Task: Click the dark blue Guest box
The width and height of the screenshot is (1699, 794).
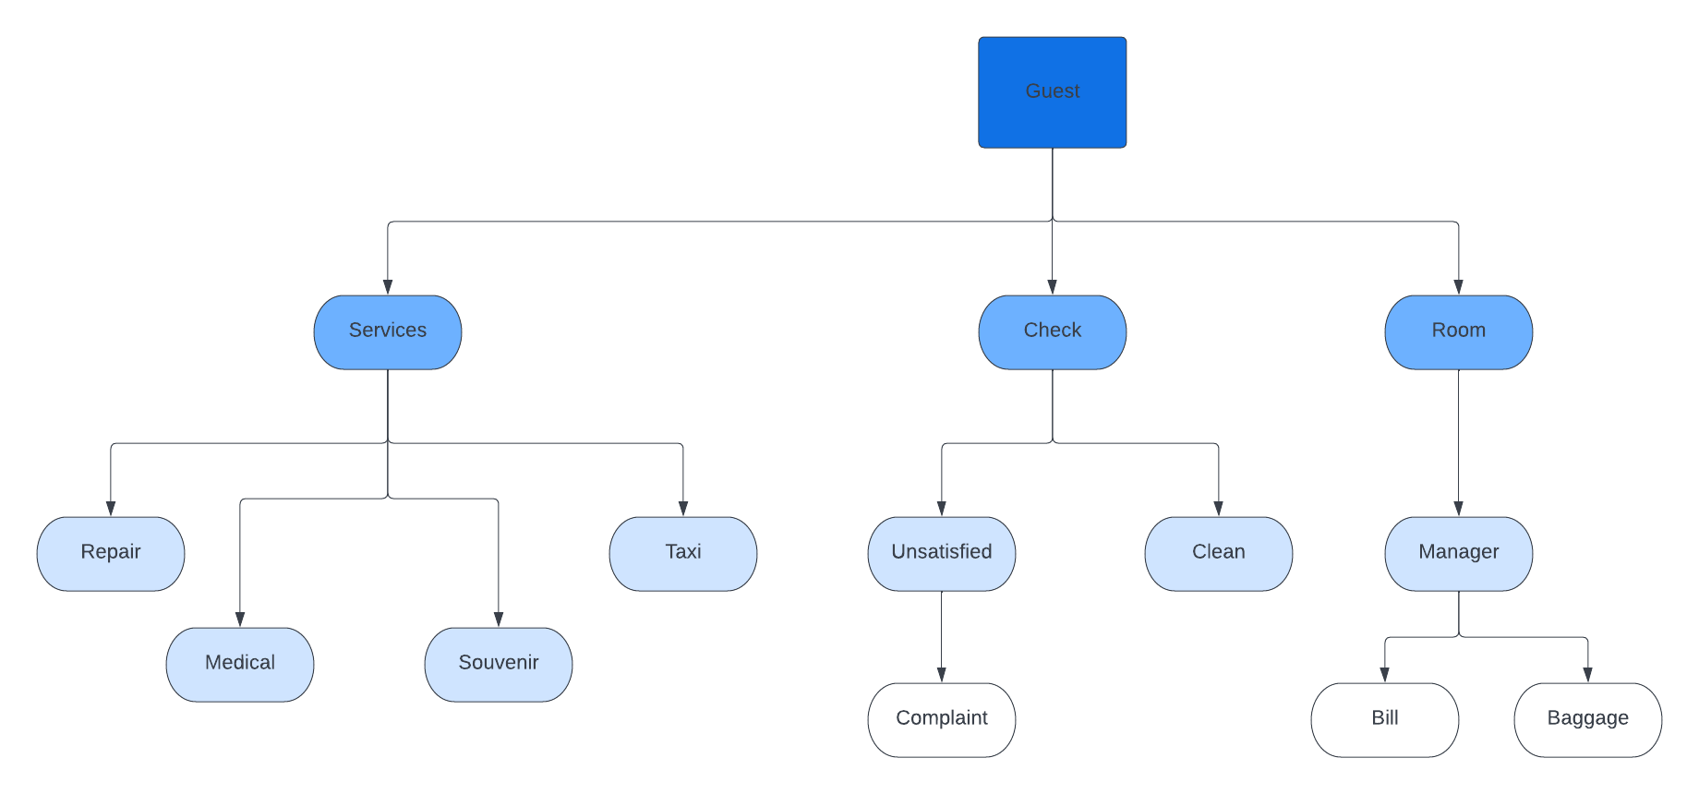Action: pos(1052,92)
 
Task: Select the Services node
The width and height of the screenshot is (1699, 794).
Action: pos(388,332)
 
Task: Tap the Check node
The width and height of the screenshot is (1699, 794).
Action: pos(1052,332)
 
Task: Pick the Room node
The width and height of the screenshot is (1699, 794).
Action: pos(1458,332)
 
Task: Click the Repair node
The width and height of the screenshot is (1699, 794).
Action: pos(111,554)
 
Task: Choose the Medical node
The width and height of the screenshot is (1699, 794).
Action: pos(240,665)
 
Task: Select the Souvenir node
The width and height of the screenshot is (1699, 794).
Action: pos(499,665)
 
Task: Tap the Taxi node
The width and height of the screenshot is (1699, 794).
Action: pos(683,554)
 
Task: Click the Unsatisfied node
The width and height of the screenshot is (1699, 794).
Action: pos(941,554)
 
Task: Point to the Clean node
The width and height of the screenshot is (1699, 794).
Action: pos(1218,554)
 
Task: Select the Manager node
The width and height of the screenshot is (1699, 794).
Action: pos(1458,554)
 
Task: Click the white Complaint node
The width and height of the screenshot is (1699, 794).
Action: pos(941,720)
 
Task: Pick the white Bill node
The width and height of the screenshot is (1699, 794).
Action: pos(1384,720)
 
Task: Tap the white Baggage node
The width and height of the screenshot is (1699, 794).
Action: pos(1587,720)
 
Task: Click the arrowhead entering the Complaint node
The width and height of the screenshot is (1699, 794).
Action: pos(941,675)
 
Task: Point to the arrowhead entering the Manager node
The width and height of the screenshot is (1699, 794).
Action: pos(1458,509)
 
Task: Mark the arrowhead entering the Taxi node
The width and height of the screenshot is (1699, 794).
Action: pos(683,509)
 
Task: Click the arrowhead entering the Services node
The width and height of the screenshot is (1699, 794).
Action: pos(388,287)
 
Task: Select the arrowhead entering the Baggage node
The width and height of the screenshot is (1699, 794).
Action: pos(1587,675)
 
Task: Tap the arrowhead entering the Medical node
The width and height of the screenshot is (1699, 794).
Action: pos(240,620)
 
